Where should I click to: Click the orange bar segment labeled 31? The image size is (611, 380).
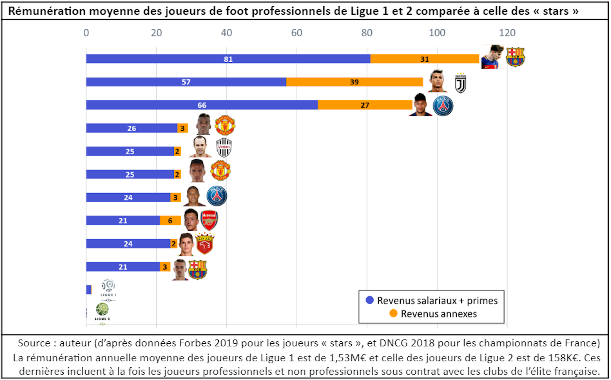[425, 59]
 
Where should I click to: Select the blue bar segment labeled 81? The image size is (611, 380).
[228, 59]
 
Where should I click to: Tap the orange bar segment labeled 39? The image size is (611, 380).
[354, 82]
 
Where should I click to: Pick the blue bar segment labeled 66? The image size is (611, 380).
[202, 105]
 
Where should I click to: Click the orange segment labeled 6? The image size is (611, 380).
[170, 220]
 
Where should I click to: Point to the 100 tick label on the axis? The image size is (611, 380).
[437, 33]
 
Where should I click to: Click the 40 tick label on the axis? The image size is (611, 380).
[226, 33]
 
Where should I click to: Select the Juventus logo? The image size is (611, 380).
[460, 83]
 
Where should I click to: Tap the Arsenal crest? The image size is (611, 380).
[209, 220]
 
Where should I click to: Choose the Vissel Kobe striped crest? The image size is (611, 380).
[224, 147]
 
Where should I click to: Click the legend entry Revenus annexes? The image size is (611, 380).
[439, 314]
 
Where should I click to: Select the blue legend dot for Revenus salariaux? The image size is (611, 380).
[369, 300]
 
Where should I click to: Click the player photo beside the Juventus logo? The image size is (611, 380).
[437, 81]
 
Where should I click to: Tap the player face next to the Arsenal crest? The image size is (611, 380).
[191, 219]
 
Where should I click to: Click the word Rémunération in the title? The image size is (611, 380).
[47, 11]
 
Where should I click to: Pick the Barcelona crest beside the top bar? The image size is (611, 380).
[515, 57]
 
